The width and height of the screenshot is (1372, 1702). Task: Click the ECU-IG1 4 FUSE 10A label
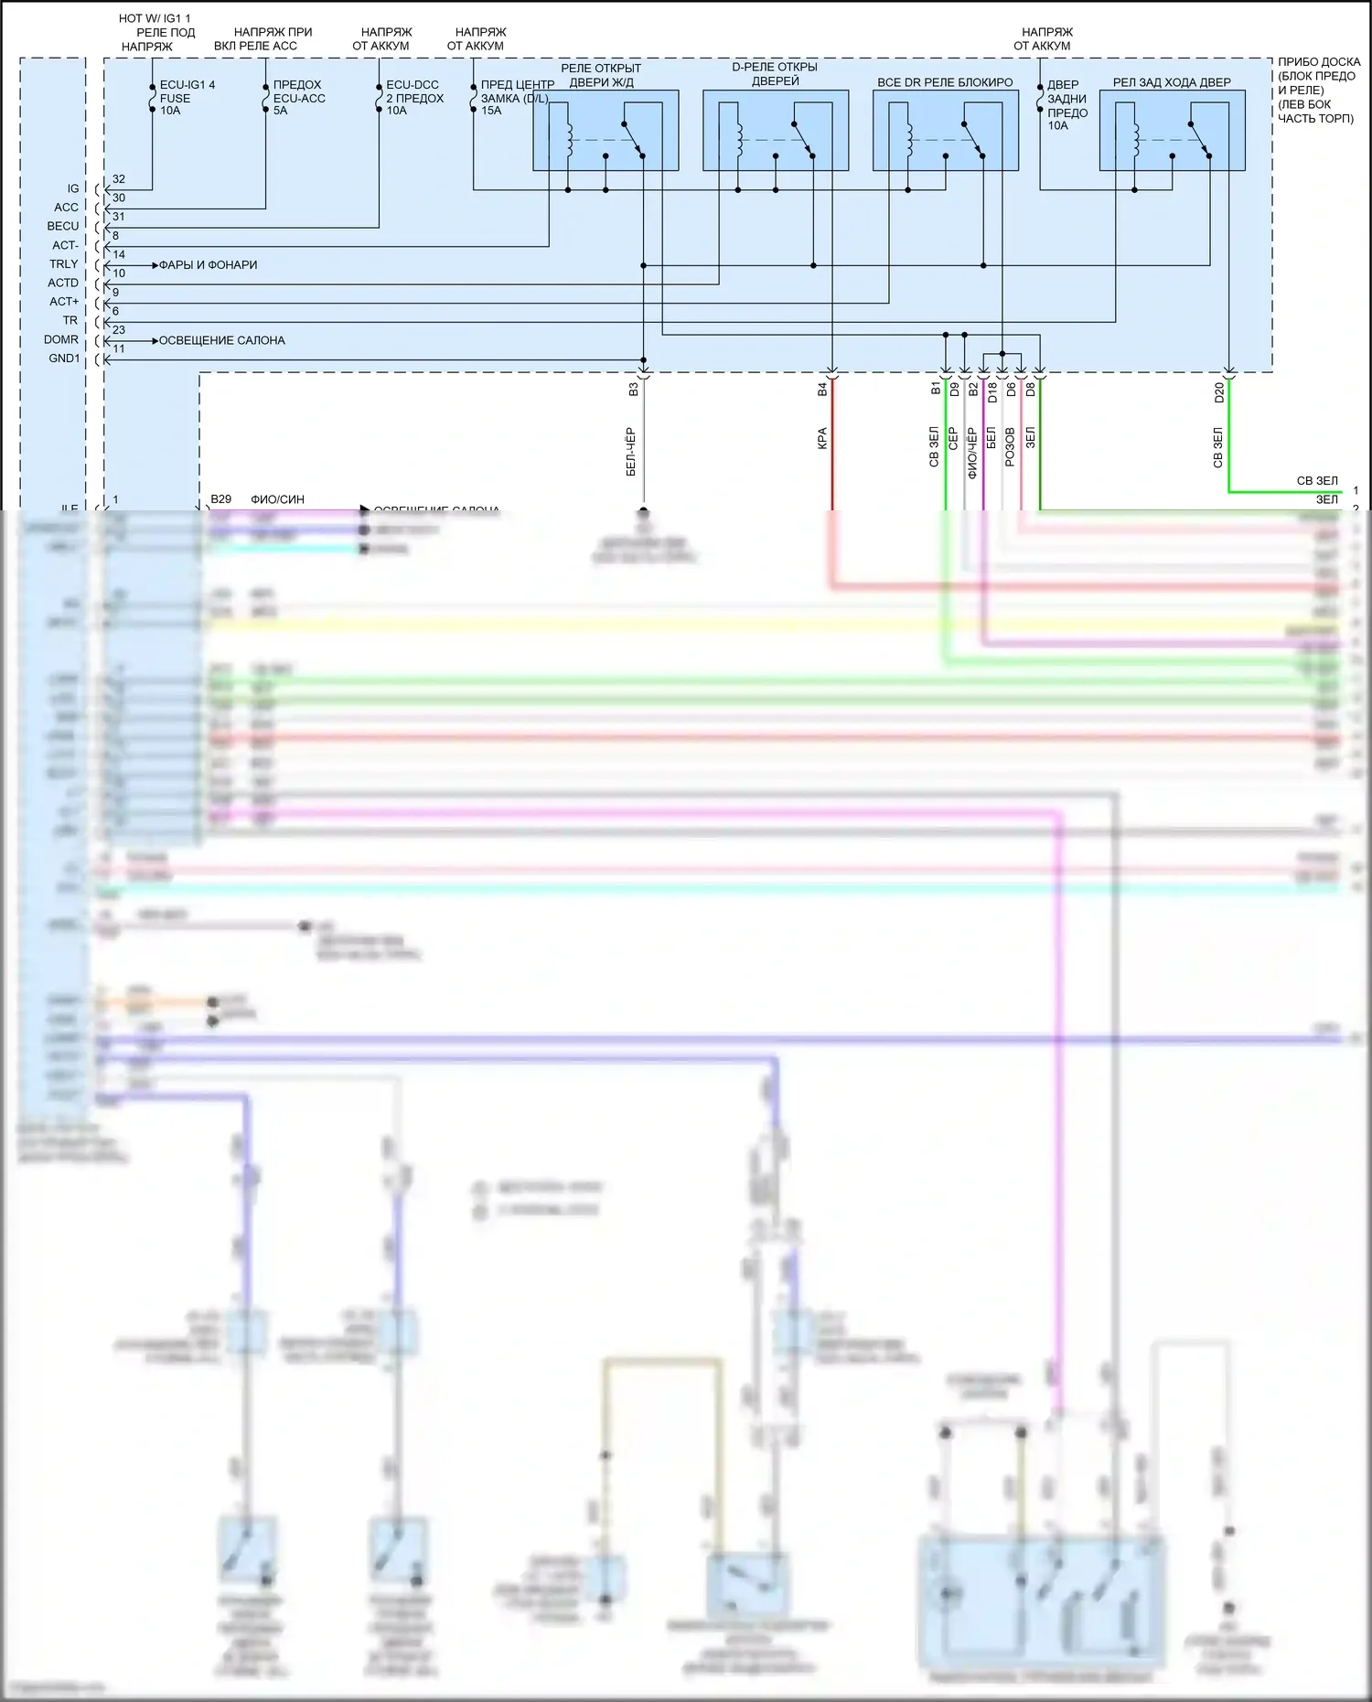click(x=187, y=98)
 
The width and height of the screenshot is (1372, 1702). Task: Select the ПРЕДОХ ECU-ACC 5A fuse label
click(x=299, y=98)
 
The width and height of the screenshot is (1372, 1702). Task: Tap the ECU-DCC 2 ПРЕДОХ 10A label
click(x=414, y=98)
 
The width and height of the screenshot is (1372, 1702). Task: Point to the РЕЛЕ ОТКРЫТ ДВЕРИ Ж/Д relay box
click(x=606, y=130)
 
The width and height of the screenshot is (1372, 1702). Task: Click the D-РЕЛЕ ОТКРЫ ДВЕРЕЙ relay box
click(x=776, y=130)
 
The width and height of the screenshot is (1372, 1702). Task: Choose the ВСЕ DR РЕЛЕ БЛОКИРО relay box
click(x=945, y=130)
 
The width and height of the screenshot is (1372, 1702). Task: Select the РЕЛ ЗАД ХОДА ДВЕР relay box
click(x=1172, y=130)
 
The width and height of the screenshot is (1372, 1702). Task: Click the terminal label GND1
click(x=64, y=359)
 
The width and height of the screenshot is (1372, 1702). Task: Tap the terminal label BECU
click(x=63, y=226)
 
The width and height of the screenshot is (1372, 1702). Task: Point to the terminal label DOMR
click(x=61, y=339)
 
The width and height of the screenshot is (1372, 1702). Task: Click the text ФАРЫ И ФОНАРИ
click(x=208, y=265)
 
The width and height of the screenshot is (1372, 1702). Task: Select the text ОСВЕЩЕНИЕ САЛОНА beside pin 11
click(x=221, y=340)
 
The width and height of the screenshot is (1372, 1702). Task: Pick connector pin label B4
click(x=822, y=390)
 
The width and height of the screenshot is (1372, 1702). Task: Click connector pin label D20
click(x=1218, y=392)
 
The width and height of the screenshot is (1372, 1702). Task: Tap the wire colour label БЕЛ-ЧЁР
click(x=631, y=452)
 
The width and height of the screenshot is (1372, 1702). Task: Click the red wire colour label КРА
click(x=822, y=439)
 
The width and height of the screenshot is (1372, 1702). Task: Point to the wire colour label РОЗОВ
click(x=1010, y=447)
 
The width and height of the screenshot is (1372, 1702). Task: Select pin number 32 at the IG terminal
click(x=119, y=179)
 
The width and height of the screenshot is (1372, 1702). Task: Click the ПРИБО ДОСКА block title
click(x=1318, y=90)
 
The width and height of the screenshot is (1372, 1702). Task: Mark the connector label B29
click(x=220, y=499)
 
